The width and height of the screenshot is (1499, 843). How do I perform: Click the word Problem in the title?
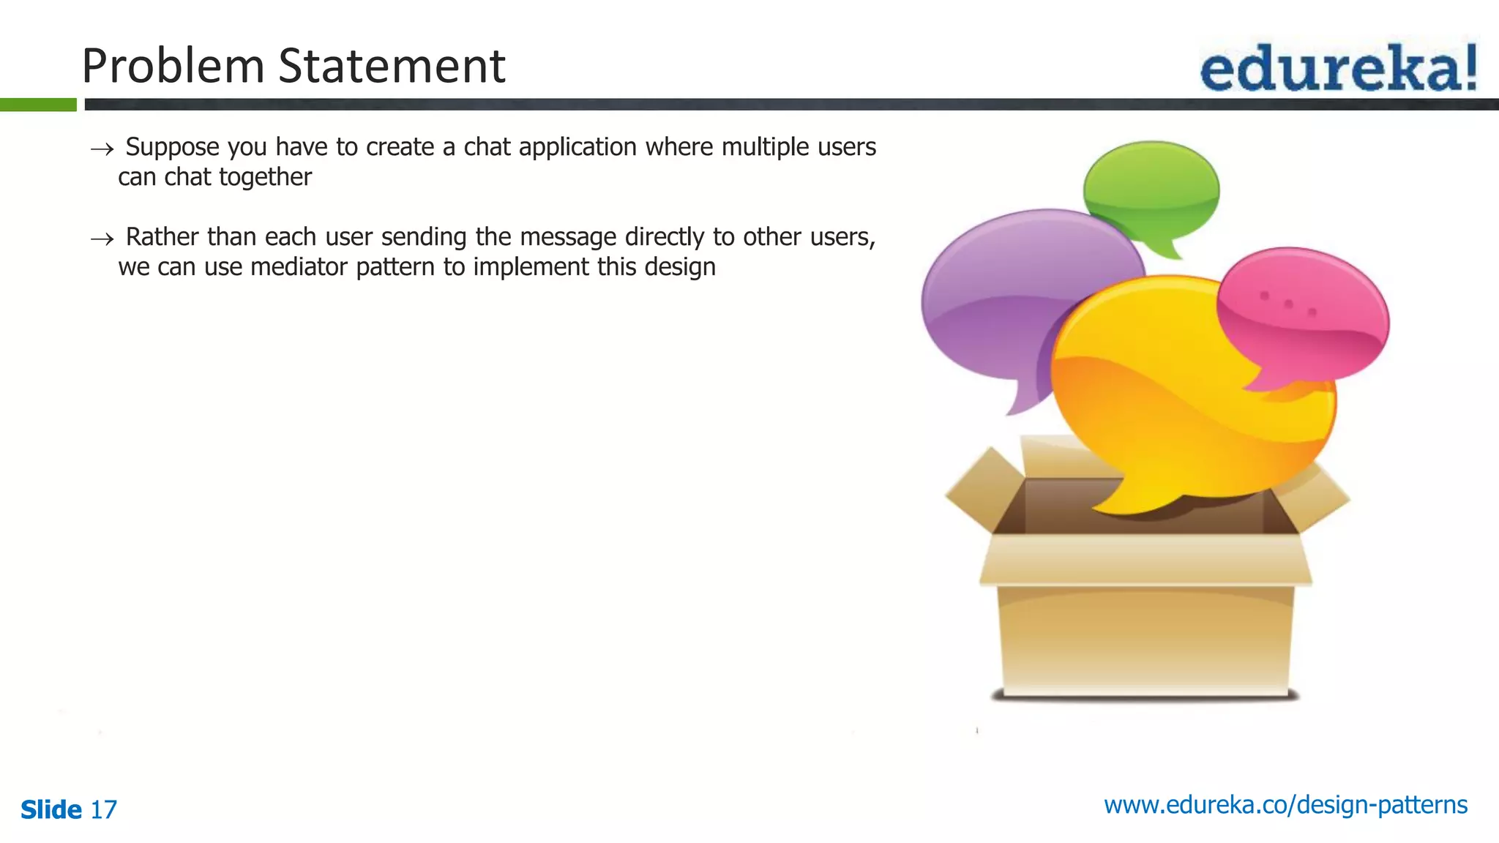[x=173, y=66]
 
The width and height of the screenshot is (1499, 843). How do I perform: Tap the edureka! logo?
[x=1338, y=68]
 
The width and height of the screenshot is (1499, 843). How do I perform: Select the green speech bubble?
[x=1151, y=187]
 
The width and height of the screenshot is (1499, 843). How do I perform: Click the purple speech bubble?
[x=1010, y=293]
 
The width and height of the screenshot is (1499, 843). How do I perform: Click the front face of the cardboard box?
[x=1145, y=637]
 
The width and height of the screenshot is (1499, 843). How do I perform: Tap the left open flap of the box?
[x=984, y=487]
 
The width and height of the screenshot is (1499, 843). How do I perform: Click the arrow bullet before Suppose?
[x=102, y=149]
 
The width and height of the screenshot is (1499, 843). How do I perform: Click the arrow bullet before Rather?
[x=102, y=239]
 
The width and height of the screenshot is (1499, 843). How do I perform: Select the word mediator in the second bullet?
[x=299, y=267]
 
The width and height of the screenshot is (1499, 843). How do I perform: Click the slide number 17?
[x=103, y=809]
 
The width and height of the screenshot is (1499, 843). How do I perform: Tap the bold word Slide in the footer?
[x=51, y=809]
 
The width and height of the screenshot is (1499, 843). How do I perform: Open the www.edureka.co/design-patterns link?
[x=1285, y=805]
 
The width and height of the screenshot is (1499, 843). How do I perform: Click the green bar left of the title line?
[x=38, y=105]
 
